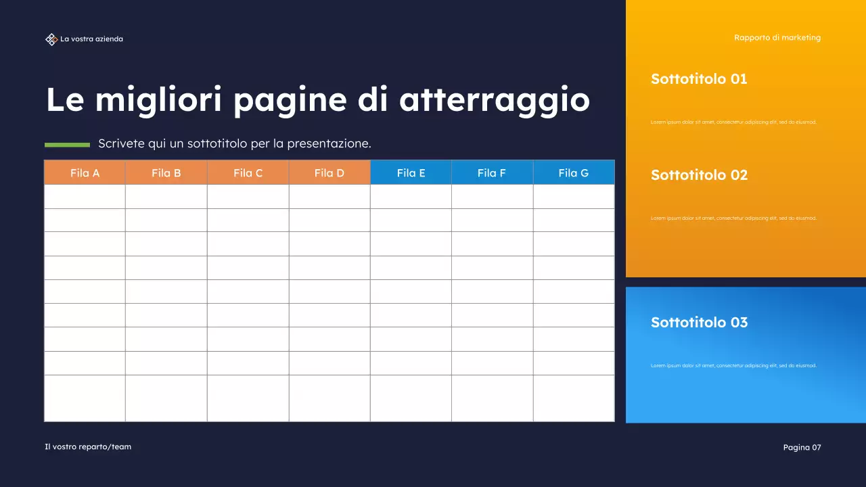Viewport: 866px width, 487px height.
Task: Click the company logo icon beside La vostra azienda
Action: point(51,39)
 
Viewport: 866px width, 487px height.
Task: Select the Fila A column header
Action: point(85,172)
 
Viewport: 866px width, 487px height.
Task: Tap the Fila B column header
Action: point(166,172)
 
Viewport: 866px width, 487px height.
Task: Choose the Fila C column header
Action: point(248,172)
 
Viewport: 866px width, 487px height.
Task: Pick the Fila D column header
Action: point(329,172)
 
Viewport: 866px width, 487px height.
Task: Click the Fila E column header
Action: point(411,172)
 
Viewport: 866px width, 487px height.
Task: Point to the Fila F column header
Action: point(491,172)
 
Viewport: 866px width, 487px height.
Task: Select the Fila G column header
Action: point(573,172)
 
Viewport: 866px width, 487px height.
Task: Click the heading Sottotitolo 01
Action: point(699,79)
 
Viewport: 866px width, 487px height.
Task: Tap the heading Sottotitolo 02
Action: point(699,175)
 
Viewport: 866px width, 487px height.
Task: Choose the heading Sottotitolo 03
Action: point(699,323)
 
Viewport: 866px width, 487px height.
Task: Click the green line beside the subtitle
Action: point(67,144)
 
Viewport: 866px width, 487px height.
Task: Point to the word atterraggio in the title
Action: point(494,100)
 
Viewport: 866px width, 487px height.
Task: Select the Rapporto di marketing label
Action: point(777,38)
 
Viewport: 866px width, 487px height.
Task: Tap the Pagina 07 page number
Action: point(802,447)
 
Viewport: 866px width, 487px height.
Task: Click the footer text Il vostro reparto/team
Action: point(88,446)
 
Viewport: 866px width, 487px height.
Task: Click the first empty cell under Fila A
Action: point(85,196)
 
